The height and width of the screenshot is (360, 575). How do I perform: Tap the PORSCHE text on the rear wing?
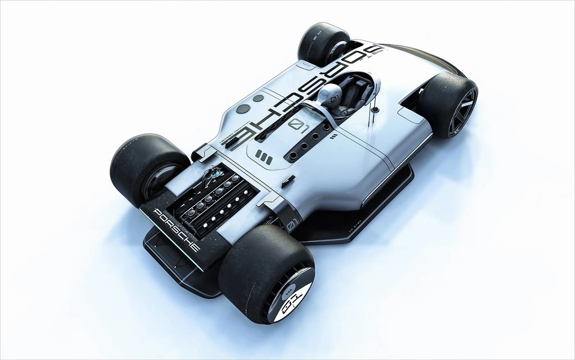click(176, 229)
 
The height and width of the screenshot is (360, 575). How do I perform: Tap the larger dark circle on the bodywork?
click(244, 109)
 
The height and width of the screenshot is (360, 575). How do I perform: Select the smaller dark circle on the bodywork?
click(258, 98)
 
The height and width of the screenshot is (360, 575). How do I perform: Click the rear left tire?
click(146, 164)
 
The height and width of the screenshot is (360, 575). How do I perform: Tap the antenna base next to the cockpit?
click(375, 110)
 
